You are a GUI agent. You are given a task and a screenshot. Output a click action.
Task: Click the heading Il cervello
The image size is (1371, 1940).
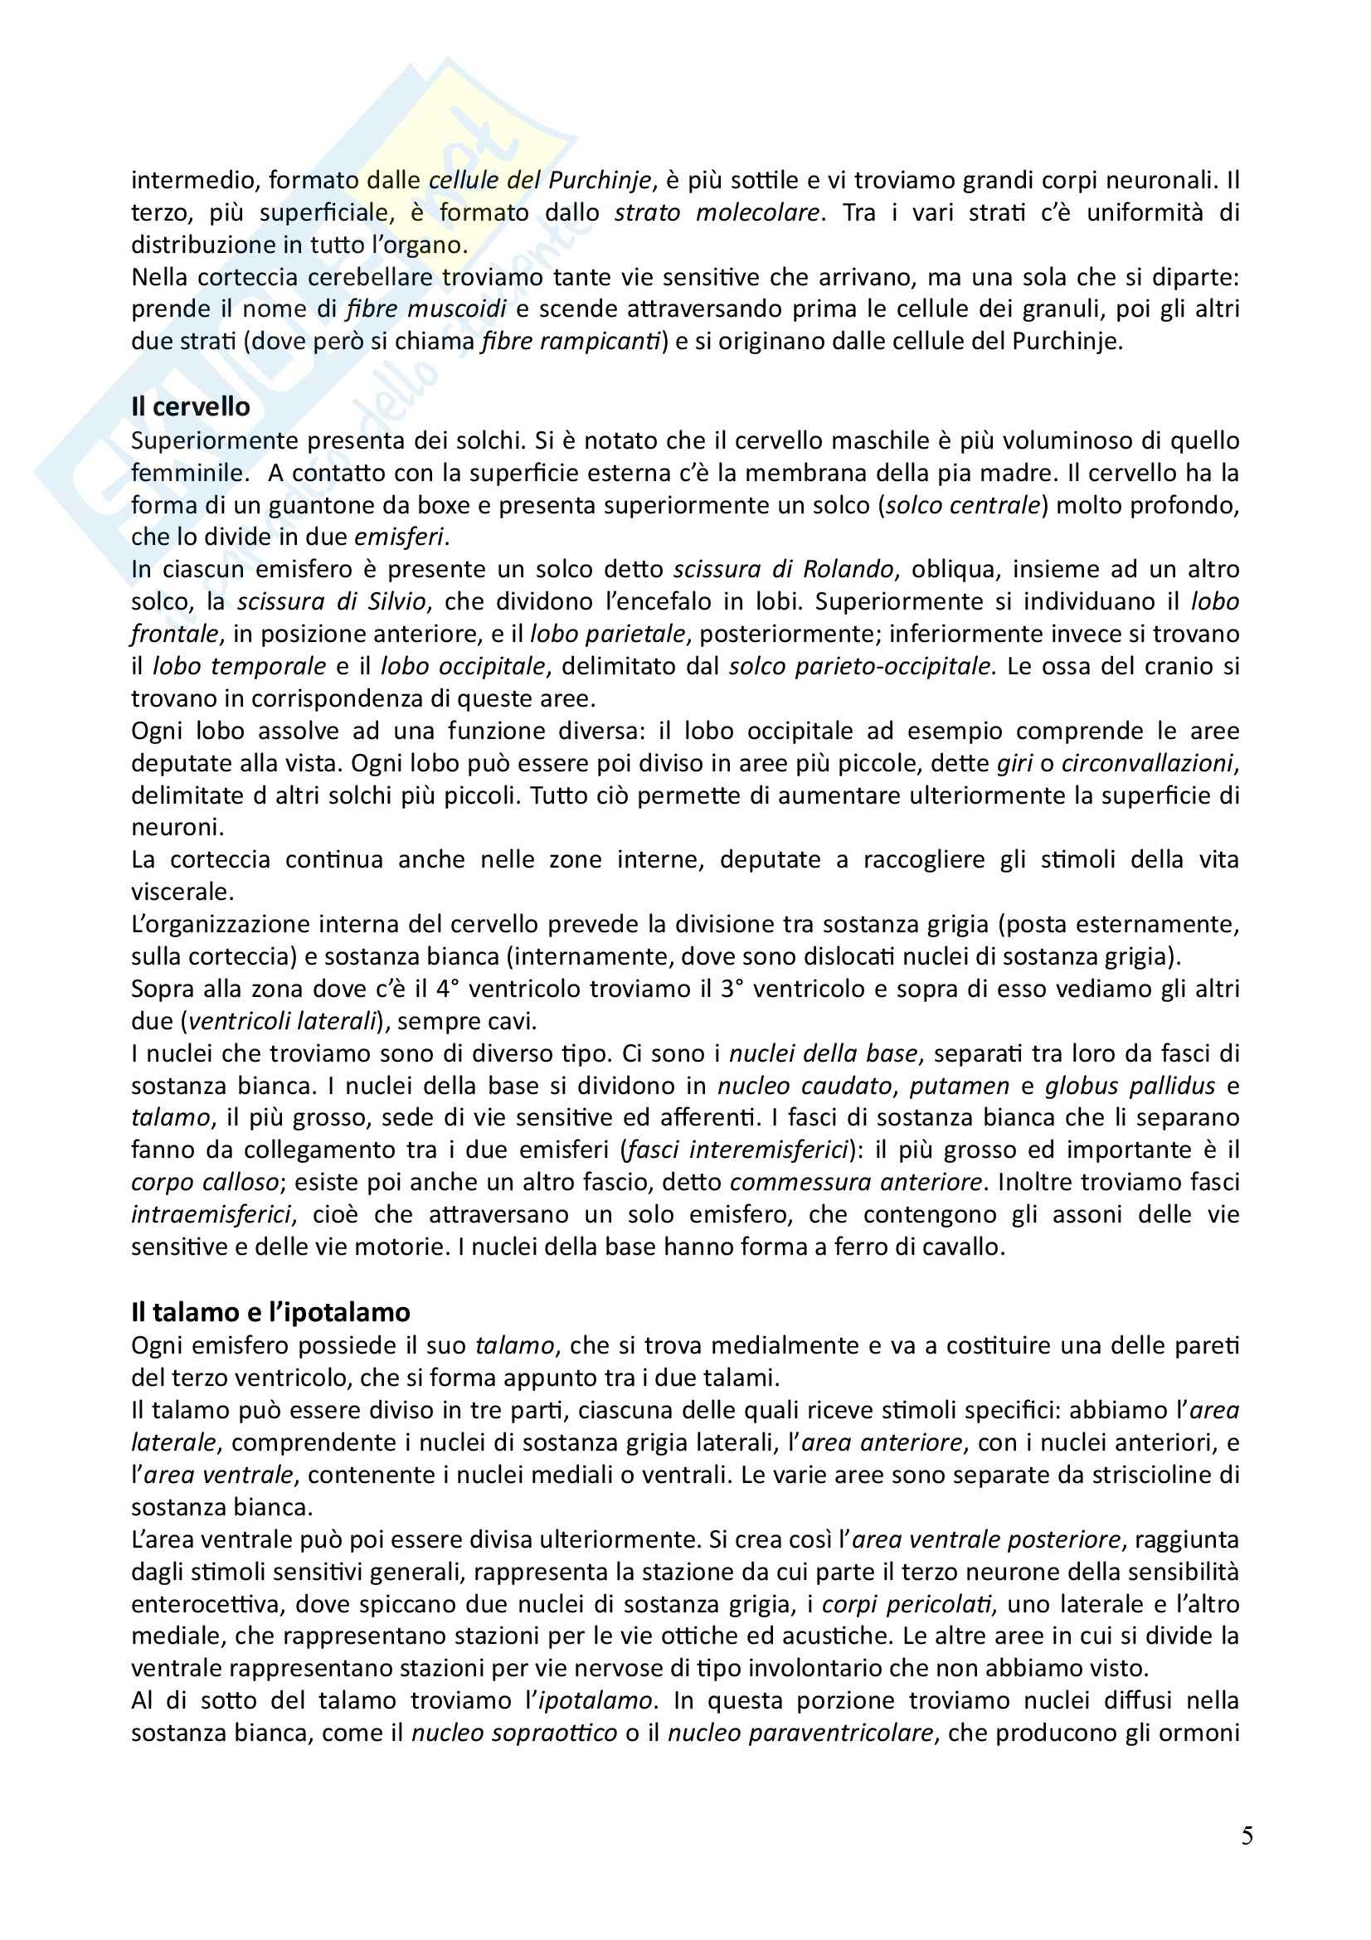click(190, 406)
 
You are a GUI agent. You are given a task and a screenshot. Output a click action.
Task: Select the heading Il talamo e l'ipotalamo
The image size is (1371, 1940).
click(270, 1312)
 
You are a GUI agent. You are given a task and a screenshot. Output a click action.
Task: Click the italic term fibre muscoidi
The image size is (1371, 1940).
click(425, 309)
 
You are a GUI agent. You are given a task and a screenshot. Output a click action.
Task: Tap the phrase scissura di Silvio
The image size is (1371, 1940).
click(333, 601)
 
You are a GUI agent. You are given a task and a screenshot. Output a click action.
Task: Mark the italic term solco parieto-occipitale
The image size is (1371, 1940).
click(860, 666)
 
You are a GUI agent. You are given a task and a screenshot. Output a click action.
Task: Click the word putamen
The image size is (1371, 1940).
click(973, 1086)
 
